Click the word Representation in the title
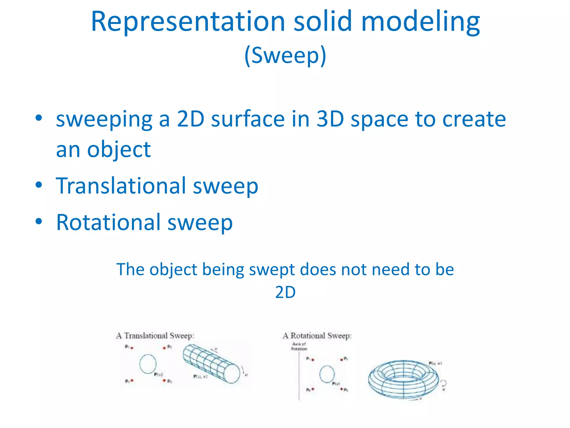pyautogui.click(x=188, y=22)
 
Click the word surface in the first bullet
pyautogui.click(x=248, y=119)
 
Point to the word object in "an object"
pyautogui.click(x=119, y=150)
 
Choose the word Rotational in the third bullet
pyautogui.click(x=108, y=222)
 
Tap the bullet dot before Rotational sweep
pyautogui.click(x=39, y=222)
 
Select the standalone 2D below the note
pyautogui.click(x=285, y=292)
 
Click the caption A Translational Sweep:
pyautogui.click(x=155, y=336)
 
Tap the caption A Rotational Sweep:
pyautogui.click(x=317, y=336)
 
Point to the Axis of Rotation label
pyautogui.click(x=299, y=346)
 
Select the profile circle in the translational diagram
pyautogui.click(x=148, y=364)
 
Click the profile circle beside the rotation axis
pyautogui.click(x=327, y=374)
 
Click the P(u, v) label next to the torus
pyautogui.click(x=435, y=363)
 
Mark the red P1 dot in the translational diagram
pyautogui.click(x=132, y=348)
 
